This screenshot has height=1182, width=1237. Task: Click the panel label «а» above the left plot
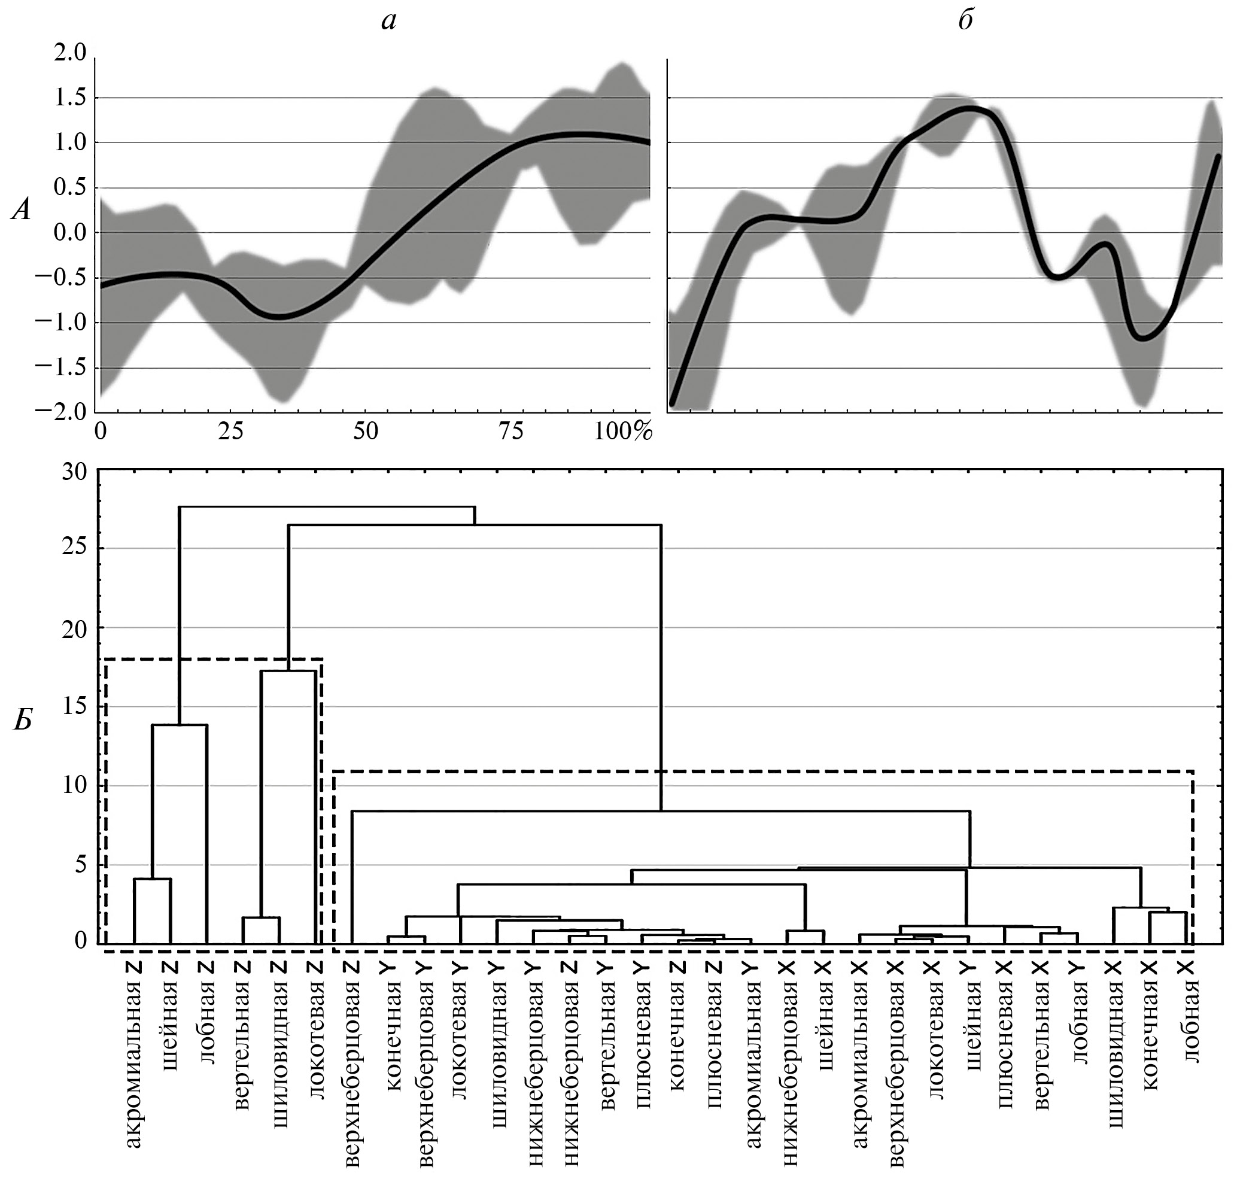pos(388,22)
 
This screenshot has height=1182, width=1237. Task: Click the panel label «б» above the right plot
pos(965,21)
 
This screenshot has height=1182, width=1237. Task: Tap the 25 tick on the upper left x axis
pos(231,432)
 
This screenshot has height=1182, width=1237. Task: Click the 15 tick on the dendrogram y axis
pos(74,707)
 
